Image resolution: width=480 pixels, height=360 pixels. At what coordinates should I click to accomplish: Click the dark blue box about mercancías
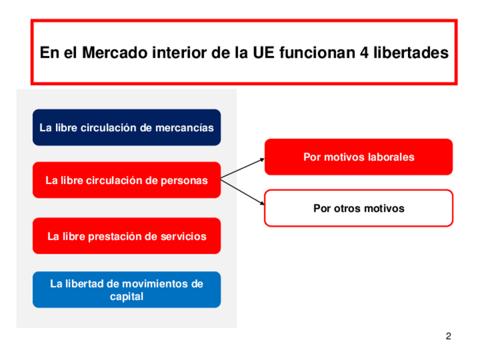(126, 127)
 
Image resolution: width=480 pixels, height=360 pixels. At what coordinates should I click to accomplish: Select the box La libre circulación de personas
(126, 180)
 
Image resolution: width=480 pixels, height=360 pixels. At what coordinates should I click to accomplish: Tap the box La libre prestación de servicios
(126, 236)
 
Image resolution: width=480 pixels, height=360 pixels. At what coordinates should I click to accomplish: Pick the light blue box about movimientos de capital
(126, 289)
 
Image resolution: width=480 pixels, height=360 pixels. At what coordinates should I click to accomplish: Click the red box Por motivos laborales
(358, 157)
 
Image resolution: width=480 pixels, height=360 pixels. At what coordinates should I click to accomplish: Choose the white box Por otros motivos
(358, 208)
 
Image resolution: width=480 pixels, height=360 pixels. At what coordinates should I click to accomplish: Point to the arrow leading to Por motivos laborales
(242, 169)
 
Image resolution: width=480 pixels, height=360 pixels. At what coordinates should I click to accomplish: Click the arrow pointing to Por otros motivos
(242, 192)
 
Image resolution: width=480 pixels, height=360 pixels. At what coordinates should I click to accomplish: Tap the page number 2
(448, 337)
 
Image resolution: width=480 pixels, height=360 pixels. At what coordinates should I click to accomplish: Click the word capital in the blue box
(126, 296)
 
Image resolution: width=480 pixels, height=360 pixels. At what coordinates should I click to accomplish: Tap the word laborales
(390, 157)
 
